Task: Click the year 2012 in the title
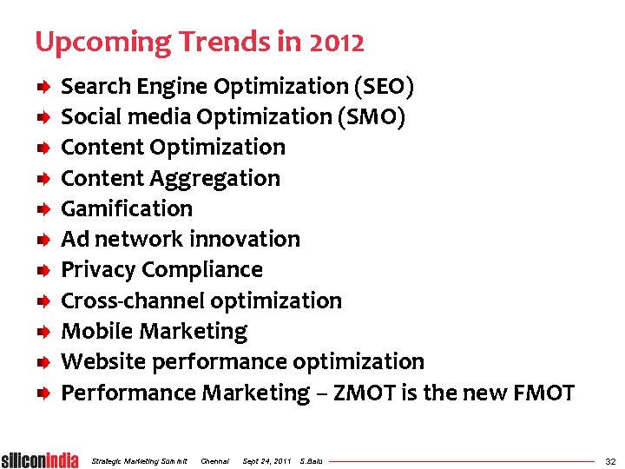click(x=334, y=42)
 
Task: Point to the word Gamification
click(x=127, y=209)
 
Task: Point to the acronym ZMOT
click(x=352, y=393)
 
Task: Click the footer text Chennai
click(x=214, y=460)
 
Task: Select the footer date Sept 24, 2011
click(x=266, y=460)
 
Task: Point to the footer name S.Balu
click(x=310, y=460)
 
